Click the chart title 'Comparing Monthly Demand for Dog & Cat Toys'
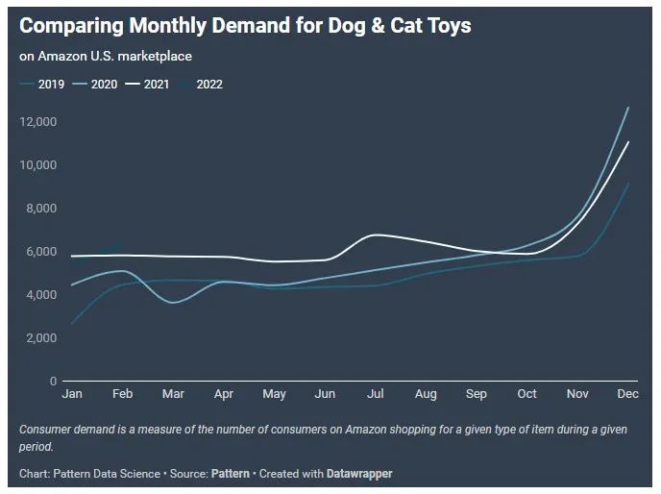pyautogui.click(x=245, y=26)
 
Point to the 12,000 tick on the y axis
pyautogui.click(x=39, y=122)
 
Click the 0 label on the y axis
pyautogui.click(x=53, y=382)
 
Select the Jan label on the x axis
pyautogui.click(x=71, y=394)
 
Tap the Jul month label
pyautogui.click(x=375, y=394)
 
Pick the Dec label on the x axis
pyautogui.click(x=627, y=394)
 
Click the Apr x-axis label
pyautogui.click(x=223, y=394)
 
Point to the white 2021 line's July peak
pyautogui.click(x=375, y=235)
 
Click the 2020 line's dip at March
pyautogui.click(x=173, y=303)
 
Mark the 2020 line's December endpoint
pyautogui.click(x=628, y=108)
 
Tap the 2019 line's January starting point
pyautogui.click(x=71, y=324)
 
